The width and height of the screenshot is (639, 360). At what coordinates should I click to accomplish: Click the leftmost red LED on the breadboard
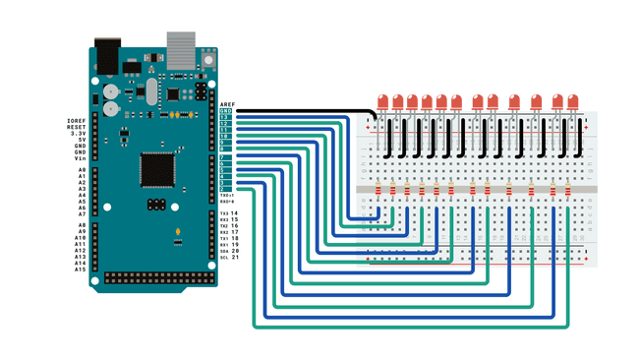pyautogui.click(x=382, y=101)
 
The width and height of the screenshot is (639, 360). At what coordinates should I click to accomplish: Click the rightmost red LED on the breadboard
pyautogui.click(x=572, y=101)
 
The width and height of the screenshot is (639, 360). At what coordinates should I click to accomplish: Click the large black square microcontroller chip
pyautogui.click(x=157, y=169)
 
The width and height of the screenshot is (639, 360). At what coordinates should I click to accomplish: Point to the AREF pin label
pyautogui.click(x=227, y=104)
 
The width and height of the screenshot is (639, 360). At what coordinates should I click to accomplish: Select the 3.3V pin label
pyautogui.click(x=80, y=134)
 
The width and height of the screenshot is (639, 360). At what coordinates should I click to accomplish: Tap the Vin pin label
pyautogui.click(x=81, y=158)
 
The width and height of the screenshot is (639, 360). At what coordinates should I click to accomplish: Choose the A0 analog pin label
pyautogui.click(x=82, y=170)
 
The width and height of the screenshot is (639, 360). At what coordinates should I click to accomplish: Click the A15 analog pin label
pyautogui.click(x=80, y=270)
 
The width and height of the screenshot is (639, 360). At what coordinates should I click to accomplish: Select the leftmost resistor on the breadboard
pyautogui.click(x=379, y=190)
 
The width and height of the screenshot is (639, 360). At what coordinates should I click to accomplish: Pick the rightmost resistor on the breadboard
pyautogui.click(x=567, y=190)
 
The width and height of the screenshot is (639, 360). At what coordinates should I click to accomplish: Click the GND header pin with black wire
pyautogui.click(x=226, y=111)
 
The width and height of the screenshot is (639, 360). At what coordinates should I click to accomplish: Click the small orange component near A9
pyautogui.click(x=177, y=233)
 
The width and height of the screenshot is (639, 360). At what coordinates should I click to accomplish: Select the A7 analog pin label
pyautogui.click(x=82, y=213)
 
